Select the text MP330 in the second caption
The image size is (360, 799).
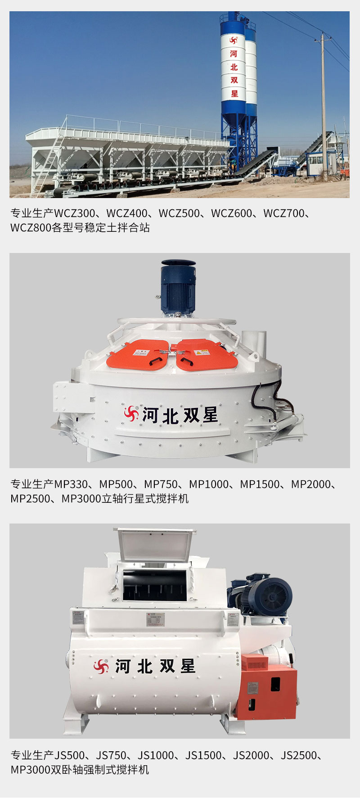click(x=71, y=484)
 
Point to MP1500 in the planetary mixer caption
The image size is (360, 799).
click(x=260, y=484)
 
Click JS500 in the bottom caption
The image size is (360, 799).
click(x=69, y=755)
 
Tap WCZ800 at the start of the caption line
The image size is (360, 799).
click(x=31, y=228)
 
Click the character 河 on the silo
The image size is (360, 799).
click(x=234, y=54)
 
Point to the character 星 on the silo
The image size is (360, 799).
click(x=234, y=94)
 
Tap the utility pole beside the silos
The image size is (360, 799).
click(x=324, y=104)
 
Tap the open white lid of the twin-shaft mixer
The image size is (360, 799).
click(x=154, y=544)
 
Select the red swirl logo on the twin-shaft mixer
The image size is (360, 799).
click(x=101, y=666)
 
